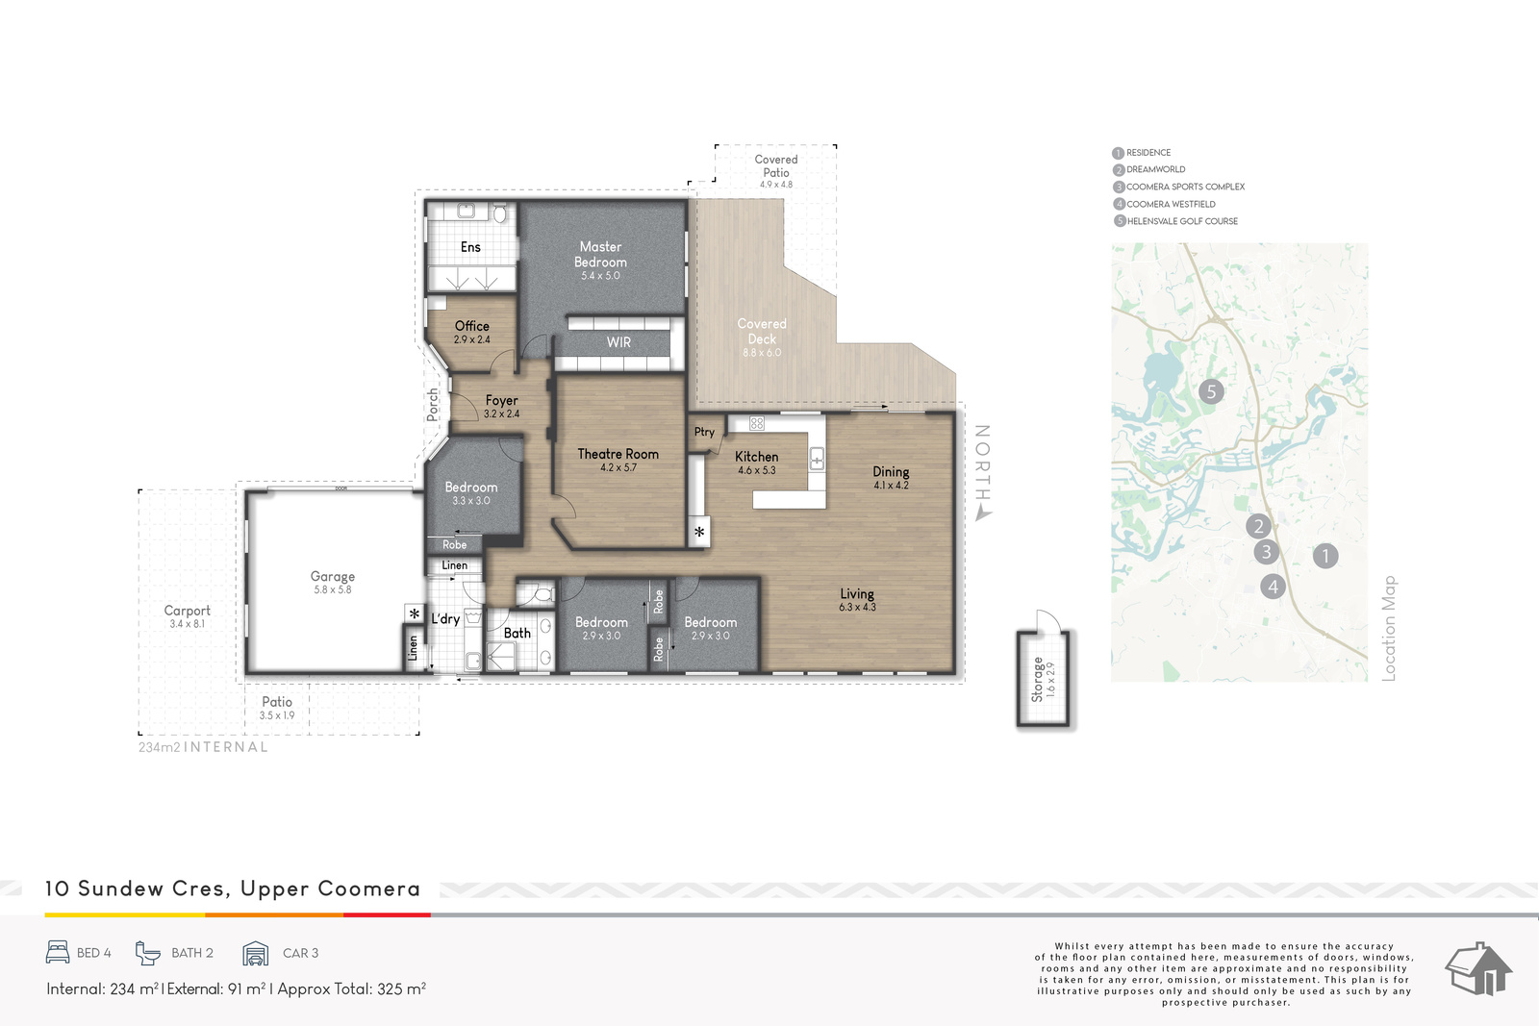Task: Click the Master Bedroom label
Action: pyautogui.click(x=600, y=254)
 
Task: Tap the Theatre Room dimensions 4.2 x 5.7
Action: pyautogui.click(x=618, y=467)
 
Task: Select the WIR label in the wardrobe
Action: pyautogui.click(x=618, y=342)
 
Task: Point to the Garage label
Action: pyautogui.click(x=333, y=577)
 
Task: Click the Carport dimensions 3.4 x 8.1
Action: pyautogui.click(x=187, y=624)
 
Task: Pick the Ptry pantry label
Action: pyautogui.click(x=704, y=432)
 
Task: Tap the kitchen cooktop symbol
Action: pyautogui.click(x=756, y=424)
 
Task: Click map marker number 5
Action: pyautogui.click(x=1211, y=391)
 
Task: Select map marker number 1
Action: pyautogui.click(x=1325, y=556)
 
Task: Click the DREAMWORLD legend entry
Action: pyautogui.click(x=1148, y=169)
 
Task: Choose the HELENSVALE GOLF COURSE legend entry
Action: pyautogui.click(x=1175, y=221)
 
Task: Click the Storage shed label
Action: pyautogui.click(x=1038, y=680)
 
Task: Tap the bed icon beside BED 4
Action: pyautogui.click(x=58, y=953)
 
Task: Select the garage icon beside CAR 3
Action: pyautogui.click(x=256, y=953)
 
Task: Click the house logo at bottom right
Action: pyautogui.click(x=1478, y=968)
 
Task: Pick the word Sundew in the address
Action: pyautogui.click(x=121, y=888)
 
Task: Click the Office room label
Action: pyautogui.click(x=472, y=326)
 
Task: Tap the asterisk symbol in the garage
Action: pyautogui.click(x=415, y=613)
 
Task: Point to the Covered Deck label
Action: pyautogui.click(x=762, y=331)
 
